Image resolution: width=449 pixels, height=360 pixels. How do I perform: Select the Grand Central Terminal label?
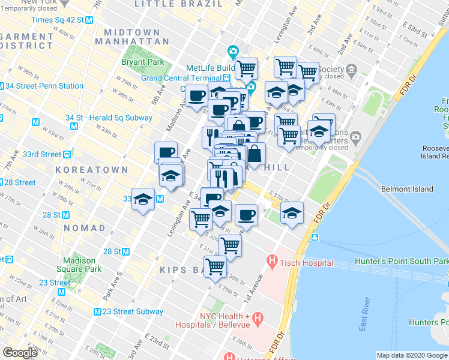[x=181, y=78]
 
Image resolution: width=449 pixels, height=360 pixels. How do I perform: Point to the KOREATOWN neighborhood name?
[x=92, y=170]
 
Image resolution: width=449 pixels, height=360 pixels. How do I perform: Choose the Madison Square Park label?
[x=79, y=265]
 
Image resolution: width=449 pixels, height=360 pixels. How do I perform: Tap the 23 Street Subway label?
[x=133, y=311]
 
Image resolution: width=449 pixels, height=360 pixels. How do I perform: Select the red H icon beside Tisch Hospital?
[x=272, y=262]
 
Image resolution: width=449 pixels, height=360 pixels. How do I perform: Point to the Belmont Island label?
[x=407, y=189]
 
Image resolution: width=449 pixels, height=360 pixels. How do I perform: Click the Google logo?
[x=20, y=353]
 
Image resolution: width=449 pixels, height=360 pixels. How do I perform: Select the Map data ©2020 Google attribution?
[x=412, y=355]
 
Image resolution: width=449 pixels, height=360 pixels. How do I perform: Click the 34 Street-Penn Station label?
[x=44, y=86]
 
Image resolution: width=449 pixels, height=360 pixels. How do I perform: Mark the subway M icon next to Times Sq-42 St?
[x=89, y=20]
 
